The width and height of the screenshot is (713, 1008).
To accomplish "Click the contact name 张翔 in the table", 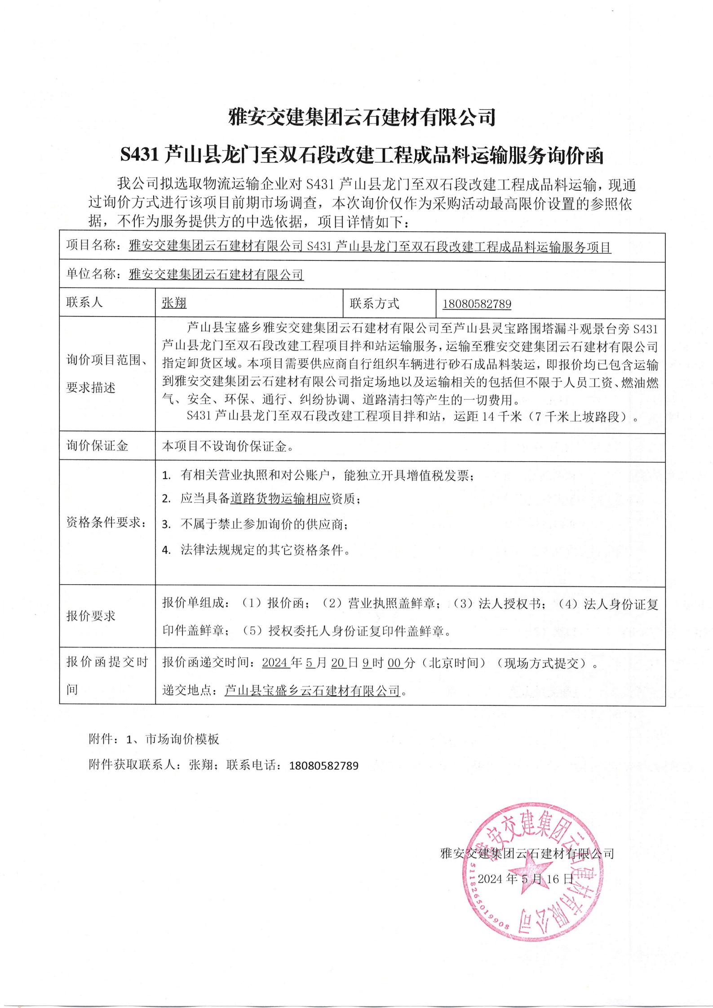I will coord(174,304).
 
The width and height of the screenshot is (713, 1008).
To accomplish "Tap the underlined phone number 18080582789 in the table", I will coord(477,304).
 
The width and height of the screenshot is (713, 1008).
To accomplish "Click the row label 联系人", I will coord(84,303).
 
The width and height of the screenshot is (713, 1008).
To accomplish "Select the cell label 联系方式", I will coord(374,304).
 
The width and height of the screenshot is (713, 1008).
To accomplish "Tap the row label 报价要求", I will coord(91,616).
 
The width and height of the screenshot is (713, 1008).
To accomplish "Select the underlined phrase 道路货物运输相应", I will coord(281,499).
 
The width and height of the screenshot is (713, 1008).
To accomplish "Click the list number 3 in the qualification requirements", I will coord(166,524).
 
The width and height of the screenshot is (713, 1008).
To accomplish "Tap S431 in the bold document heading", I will coord(138,156).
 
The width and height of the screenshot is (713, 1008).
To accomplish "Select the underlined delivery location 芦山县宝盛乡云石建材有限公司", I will coord(312,691).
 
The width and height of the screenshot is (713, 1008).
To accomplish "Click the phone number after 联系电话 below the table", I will coord(323,766).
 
